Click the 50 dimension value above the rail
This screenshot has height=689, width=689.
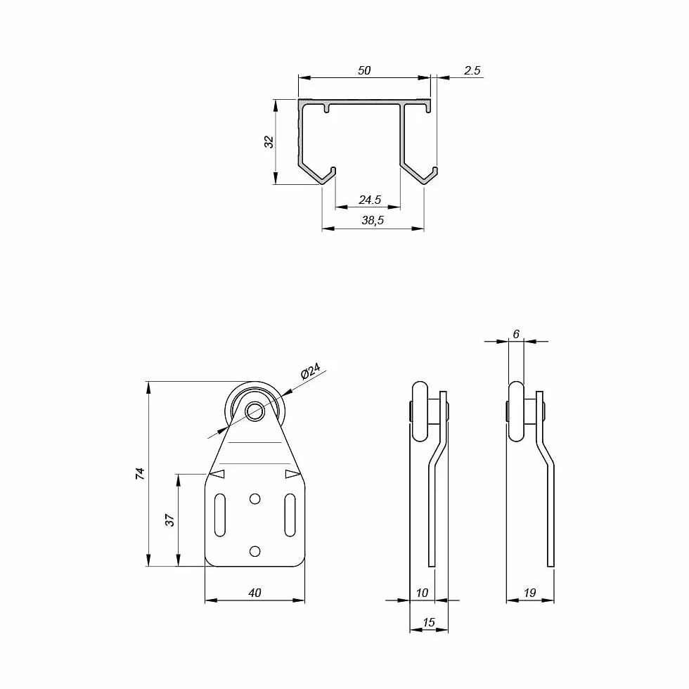point(364,70)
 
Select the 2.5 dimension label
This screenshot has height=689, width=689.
point(472,70)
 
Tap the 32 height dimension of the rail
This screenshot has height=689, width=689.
point(269,141)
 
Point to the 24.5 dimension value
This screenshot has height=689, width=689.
point(370,200)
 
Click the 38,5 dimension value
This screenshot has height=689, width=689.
point(373,220)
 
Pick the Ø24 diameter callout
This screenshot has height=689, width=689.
point(311,371)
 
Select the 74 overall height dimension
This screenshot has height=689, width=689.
point(140,473)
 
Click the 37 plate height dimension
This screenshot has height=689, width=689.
point(169,520)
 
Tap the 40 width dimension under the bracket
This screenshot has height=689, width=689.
point(255,593)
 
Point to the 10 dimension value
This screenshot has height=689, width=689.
point(422,593)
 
